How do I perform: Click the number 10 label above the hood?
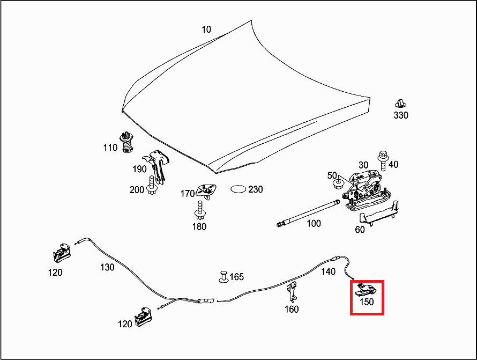point(206,30)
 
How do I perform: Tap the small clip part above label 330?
point(400,104)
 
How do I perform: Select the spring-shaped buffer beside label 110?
point(126,142)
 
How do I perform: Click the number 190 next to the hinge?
point(139,169)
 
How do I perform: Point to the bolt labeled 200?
point(153,186)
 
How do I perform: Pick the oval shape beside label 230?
point(238,189)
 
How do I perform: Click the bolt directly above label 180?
point(199,210)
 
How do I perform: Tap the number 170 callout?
point(187,194)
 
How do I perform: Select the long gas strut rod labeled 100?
point(308,213)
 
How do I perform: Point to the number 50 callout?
point(332,176)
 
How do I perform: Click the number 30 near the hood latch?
point(363,165)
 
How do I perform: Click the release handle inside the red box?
point(366,290)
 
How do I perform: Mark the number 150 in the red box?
point(367,303)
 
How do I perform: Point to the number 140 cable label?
point(329,272)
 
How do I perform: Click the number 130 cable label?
point(107,267)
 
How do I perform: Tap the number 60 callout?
point(360,230)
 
